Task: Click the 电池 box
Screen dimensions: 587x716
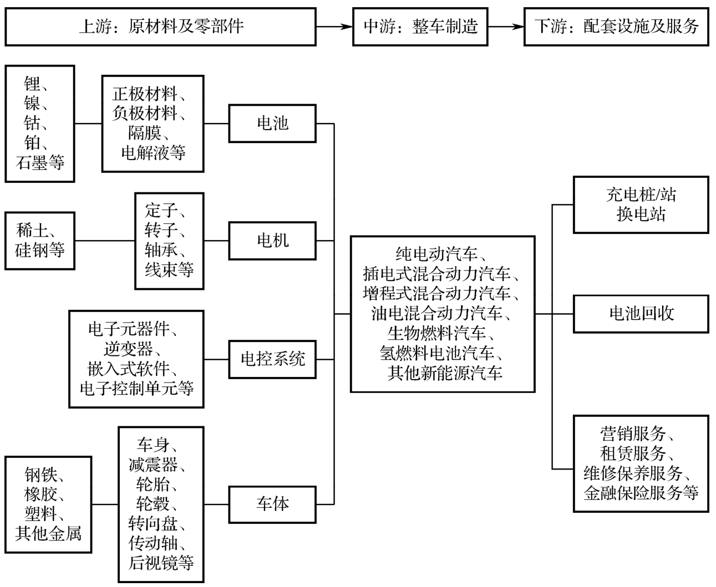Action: [272, 124]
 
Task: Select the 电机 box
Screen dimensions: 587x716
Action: [272, 241]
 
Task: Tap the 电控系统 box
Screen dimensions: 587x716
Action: [272, 359]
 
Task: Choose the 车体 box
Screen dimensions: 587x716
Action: [272, 504]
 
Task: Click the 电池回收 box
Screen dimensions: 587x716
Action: [641, 314]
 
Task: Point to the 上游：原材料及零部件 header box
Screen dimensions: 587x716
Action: [161, 27]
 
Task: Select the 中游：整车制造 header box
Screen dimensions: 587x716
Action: [420, 27]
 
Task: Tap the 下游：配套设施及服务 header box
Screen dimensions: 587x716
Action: [616, 27]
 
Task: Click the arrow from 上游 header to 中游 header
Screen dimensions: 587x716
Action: [334, 27]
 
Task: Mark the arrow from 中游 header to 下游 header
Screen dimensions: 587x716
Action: [505, 27]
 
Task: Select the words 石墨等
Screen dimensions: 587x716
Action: [40, 162]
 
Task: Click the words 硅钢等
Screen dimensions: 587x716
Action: [40, 250]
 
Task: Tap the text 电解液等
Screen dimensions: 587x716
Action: [153, 153]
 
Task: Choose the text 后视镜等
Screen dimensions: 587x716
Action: [161, 563]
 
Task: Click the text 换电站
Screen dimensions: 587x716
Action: [641, 215]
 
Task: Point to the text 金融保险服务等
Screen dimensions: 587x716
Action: [641, 493]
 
